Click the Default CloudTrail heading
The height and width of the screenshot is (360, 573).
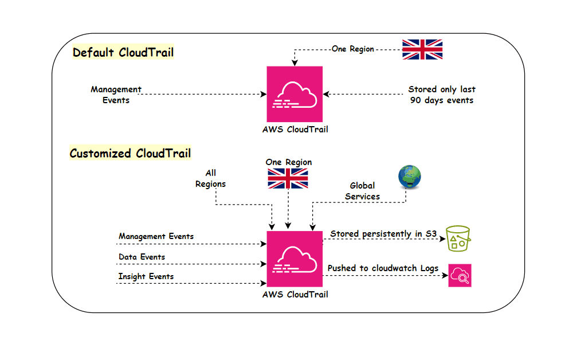pyautogui.click(x=123, y=53)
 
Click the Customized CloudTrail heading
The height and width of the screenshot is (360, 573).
pyautogui.click(x=130, y=153)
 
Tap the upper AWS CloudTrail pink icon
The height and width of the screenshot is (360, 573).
pyautogui.click(x=295, y=93)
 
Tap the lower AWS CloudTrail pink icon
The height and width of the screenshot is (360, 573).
pyautogui.click(x=295, y=259)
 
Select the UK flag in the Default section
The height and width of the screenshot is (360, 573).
pyautogui.click(x=422, y=49)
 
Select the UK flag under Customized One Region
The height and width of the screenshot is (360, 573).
pyautogui.click(x=288, y=178)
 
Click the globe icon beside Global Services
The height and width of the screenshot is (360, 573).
pyautogui.click(x=409, y=177)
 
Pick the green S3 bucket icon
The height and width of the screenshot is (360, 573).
pyautogui.click(x=458, y=237)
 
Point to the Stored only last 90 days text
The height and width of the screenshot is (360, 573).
pyautogui.click(x=442, y=95)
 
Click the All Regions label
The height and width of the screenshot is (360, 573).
pyautogui.click(x=210, y=178)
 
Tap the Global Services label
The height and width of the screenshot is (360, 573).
pyautogui.click(x=362, y=191)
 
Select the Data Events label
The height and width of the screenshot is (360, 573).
pyautogui.click(x=142, y=257)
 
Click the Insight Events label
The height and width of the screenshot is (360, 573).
pyautogui.click(x=146, y=276)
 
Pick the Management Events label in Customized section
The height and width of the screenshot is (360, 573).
pyautogui.click(x=156, y=236)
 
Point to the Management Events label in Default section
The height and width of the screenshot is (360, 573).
pyautogui.click(x=116, y=95)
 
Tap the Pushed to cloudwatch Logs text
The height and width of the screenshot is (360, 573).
pyautogui.click(x=383, y=268)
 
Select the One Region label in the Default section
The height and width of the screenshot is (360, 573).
pyautogui.click(x=352, y=49)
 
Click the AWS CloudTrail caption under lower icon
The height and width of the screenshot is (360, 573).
pyautogui.click(x=295, y=295)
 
